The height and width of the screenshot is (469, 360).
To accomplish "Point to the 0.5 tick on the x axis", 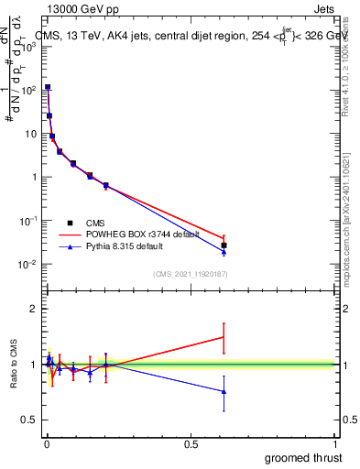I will [x=191, y=444].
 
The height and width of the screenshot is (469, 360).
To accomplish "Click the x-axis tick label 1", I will [x=336, y=444].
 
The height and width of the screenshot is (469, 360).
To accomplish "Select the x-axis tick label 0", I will [x=46, y=444].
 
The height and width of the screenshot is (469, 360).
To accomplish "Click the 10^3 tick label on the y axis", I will [x=29, y=46].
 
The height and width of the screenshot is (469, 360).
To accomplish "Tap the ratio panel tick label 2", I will [x=35, y=309].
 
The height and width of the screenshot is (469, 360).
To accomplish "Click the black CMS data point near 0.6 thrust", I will [x=224, y=245].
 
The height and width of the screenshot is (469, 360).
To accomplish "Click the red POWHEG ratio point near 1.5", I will [x=224, y=337].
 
